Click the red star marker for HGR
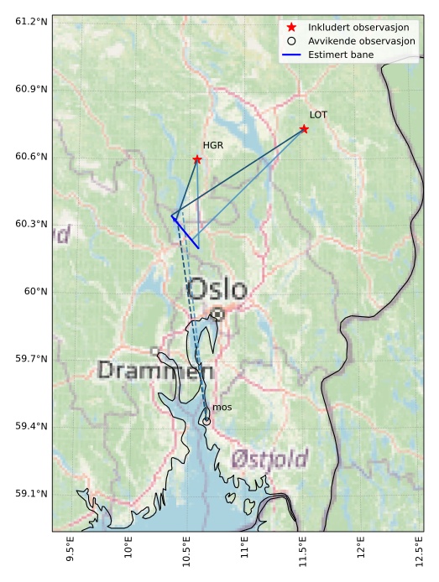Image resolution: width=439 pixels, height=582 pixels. [x=197, y=159]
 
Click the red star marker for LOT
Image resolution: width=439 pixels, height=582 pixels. [x=304, y=129]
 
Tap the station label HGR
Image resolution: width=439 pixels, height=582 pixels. [x=213, y=145]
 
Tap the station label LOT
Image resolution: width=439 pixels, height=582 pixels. [x=318, y=115]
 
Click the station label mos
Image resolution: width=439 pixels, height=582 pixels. [x=222, y=408]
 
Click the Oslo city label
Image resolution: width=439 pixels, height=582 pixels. [x=217, y=290]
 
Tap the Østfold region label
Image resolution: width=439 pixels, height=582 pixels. [x=269, y=459]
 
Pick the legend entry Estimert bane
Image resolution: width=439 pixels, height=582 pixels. [x=341, y=55]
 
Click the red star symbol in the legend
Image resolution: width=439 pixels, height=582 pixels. [x=291, y=27]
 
